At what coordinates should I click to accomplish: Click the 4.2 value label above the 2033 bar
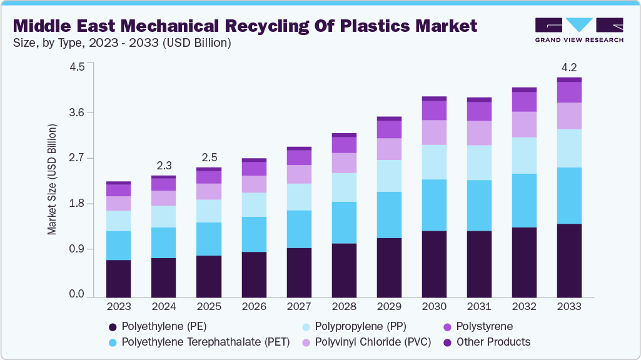pyautogui.click(x=569, y=67)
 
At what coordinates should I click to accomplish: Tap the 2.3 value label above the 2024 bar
pyautogui.click(x=164, y=166)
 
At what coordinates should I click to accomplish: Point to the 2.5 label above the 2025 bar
pyautogui.click(x=209, y=157)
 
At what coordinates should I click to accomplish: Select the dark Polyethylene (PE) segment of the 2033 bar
pyautogui.click(x=569, y=259)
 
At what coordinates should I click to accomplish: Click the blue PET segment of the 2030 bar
pyautogui.click(x=434, y=205)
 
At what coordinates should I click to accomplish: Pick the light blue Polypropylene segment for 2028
pyautogui.click(x=344, y=187)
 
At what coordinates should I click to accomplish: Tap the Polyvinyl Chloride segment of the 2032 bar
pyautogui.click(x=524, y=124)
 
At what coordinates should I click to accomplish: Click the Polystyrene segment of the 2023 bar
pyautogui.click(x=119, y=190)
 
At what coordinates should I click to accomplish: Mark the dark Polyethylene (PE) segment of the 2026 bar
pyautogui.click(x=254, y=274)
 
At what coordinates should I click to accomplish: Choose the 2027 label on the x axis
pyautogui.click(x=299, y=307)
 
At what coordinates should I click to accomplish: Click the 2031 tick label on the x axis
pyautogui.click(x=479, y=307)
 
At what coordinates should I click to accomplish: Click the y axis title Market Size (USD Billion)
pyautogui.click(x=53, y=179)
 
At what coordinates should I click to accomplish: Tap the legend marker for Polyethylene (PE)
pyautogui.click(x=113, y=326)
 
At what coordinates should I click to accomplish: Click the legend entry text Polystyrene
pyautogui.click(x=484, y=326)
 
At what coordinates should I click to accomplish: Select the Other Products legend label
pyautogui.click(x=493, y=342)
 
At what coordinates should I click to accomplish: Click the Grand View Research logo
pyautogui.click(x=578, y=30)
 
